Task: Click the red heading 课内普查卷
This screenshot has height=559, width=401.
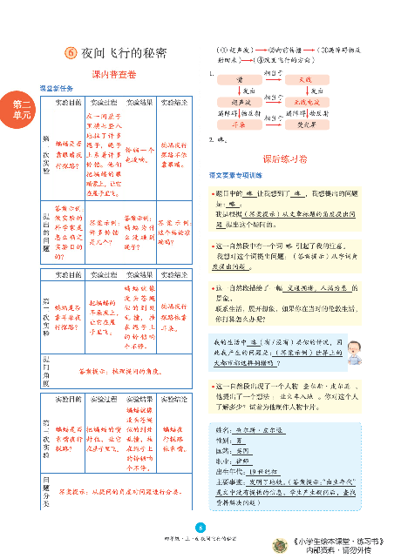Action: click(114, 76)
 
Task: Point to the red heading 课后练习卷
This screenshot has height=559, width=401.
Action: click(285, 160)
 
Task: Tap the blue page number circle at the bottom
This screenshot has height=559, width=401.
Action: click(200, 525)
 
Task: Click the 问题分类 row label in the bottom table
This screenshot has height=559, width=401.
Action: click(46, 489)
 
